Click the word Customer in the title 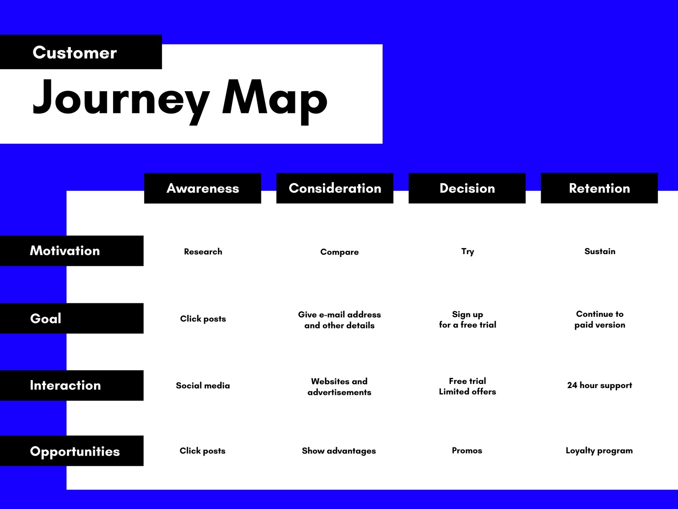75,52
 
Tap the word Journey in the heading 121,101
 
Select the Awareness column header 203,188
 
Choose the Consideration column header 335,188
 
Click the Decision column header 467,188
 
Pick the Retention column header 599,188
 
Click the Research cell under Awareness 203,252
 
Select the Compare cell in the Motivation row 339,252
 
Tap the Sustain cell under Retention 600,251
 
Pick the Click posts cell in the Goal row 203,319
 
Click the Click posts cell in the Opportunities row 203,451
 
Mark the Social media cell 203,386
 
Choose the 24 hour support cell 600,386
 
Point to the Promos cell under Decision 467,450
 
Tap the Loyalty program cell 599,451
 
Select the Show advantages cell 339,451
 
